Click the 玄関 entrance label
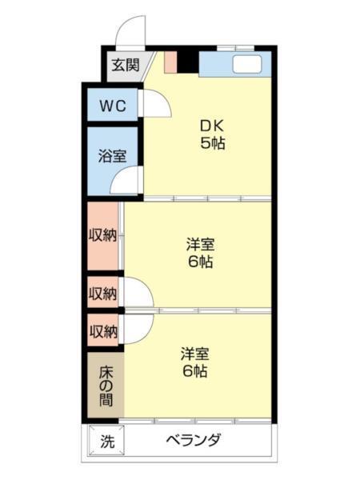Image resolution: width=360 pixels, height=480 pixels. tap(125, 65)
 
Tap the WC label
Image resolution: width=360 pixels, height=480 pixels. tap(114, 106)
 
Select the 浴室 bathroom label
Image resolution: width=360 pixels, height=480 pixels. tap(112, 156)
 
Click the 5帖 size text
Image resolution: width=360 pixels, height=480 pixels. tap(212, 144)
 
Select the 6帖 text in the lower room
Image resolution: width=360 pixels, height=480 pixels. tap(195, 371)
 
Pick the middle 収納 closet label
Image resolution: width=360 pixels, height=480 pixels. tap(102, 294)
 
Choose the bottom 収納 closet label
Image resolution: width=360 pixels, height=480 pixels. tap(102, 330)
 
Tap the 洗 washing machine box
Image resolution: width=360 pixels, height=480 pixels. tap(106, 441)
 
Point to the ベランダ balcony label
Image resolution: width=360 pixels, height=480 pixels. tap(193, 440)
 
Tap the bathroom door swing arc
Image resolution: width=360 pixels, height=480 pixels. tap(128, 182)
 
